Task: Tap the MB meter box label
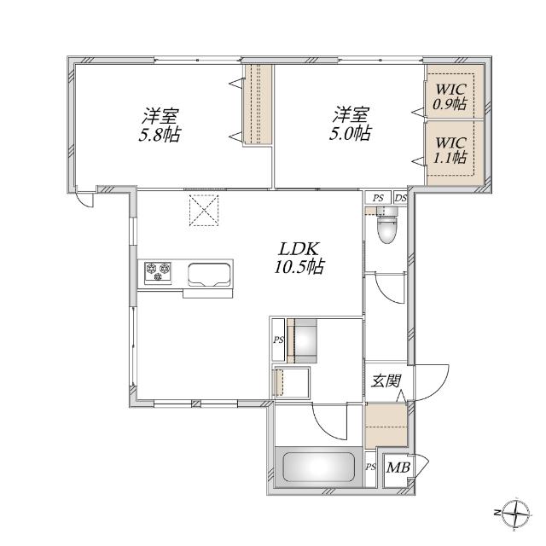398,468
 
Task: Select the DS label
400,199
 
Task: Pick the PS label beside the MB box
370,468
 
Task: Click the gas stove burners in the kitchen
158,272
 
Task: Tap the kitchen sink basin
210,275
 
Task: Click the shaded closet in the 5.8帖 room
259,104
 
